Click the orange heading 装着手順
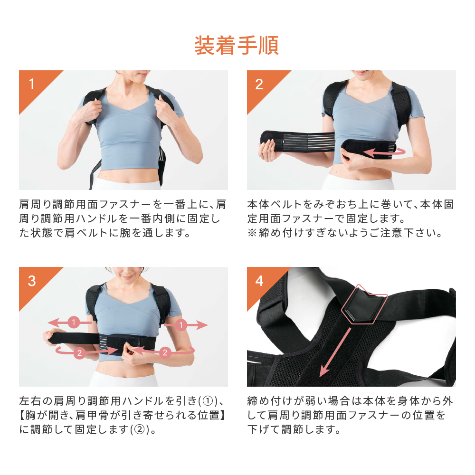click(x=236, y=46)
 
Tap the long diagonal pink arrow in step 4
click(x=335, y=352)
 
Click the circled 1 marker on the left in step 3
click(x=74, y=322)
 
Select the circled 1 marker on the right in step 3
click(x=181, y=325)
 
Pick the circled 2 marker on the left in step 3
click(x=79, y=353)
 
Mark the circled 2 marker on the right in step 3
click(x=165, y=352)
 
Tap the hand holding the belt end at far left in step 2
click(x=268, y=151)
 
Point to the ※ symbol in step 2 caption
click(x=252, y=233)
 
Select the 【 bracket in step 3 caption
click(x=22, y=415)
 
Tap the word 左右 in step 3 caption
click(x=30, y=401)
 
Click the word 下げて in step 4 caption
click(x=264, y=429)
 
